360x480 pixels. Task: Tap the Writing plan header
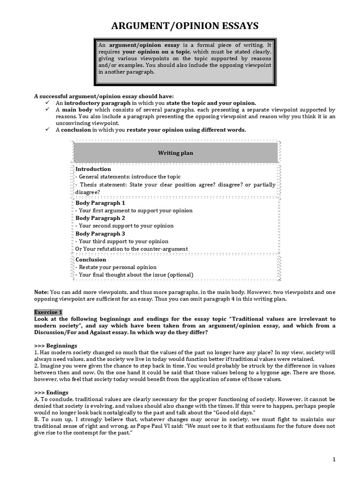(x=175, y=153)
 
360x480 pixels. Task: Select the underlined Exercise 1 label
(x=48, y=312)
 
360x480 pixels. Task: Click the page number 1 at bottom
(x=334, y=460)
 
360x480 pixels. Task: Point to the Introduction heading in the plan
(x=93, y=169)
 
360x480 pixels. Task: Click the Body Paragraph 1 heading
(x=100, y=203)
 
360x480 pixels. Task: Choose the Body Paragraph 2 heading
(x=100, y=218)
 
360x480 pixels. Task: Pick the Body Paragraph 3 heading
(x=100, y=233)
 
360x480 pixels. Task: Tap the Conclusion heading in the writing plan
(x=91, y=259)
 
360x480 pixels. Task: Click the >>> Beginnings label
(x=55, y=345)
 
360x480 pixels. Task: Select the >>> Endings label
(x=51, y=392)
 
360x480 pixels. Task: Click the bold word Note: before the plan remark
(x=41, y=292)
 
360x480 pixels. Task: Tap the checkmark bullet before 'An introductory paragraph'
(x=47, y=103)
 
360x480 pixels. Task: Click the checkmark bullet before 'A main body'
(x=47, y=109)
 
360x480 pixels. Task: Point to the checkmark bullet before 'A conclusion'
(x=47, y=130)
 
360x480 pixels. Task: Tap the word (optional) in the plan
(x=180, y=275)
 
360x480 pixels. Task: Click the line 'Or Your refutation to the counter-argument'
(x=132, y=249)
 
